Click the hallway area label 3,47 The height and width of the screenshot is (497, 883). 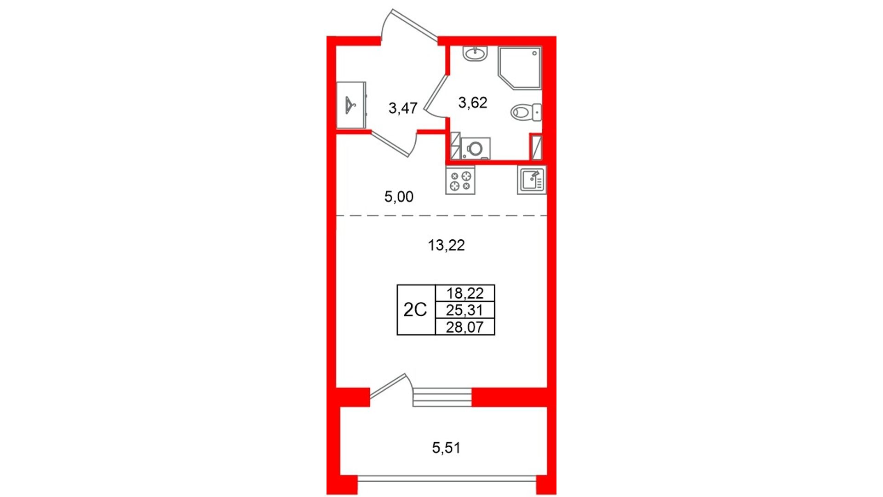(x=403, y=108)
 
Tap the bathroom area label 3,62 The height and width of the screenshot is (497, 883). (x=473, y=102)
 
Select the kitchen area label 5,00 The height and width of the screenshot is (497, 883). (x=399, y=197)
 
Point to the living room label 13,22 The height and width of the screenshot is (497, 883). (x=446, y=245)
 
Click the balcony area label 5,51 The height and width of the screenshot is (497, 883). (x=446, y=447)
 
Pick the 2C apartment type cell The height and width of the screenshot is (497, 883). (x=415, y=310)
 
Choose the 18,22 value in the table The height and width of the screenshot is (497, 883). (x=465, y=293)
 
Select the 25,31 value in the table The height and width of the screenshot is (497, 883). (x=465, y=310)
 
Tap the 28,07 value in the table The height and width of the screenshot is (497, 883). (x=465, y=327)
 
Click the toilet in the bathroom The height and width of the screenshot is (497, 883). (x=526, y=112)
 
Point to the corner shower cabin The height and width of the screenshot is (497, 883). (x=520, y=68)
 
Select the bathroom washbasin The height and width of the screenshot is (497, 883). (x=475, y=54)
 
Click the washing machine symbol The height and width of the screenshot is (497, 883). (x=476, y=149)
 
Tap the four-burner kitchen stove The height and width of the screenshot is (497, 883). (x=460, y=180)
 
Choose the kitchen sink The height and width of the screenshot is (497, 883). (x=532, y=180)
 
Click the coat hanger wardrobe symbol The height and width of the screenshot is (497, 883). (x=351, y=105)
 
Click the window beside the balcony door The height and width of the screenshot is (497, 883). (x=442, y=397)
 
